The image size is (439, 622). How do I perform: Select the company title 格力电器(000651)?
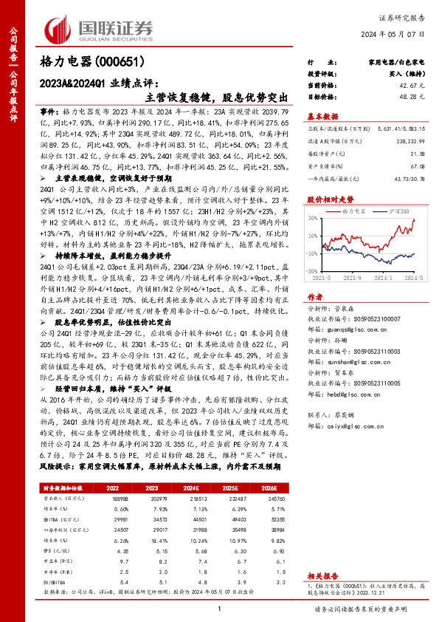[x=91, y=63]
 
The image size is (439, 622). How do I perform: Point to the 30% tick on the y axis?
[x=312, y=220]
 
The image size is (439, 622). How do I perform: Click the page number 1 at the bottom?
[x=219, y=608]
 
